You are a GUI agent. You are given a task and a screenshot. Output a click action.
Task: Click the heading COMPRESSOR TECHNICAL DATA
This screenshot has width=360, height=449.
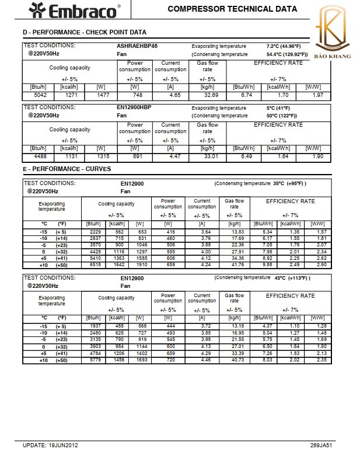(232, 9)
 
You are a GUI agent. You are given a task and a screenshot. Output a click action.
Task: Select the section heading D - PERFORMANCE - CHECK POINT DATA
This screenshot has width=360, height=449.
(85, 32)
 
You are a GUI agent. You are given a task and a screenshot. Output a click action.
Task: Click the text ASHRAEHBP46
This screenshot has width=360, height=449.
(137, 46)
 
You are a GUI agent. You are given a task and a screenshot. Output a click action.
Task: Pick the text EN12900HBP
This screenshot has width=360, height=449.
(134, 108)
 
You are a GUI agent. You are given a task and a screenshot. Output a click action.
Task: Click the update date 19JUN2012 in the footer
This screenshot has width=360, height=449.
(62, 445)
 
